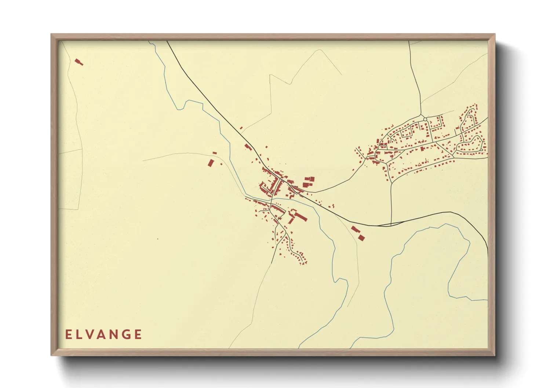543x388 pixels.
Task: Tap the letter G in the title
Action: [x=127, y=334]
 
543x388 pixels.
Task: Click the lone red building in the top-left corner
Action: [x=79, y=62]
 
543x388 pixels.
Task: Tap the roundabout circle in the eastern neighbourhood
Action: [x=425, y=119]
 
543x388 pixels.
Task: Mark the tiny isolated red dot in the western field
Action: [x=158, y=239]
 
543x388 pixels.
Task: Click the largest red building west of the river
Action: [x=210, y=163]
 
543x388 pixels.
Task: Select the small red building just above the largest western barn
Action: [x=215, y=153]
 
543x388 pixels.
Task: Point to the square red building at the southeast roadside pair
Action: [x=361, y=238]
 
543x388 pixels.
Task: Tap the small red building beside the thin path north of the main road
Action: [x=241, y=128]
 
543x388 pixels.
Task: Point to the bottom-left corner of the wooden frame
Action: [x=52, y=355]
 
